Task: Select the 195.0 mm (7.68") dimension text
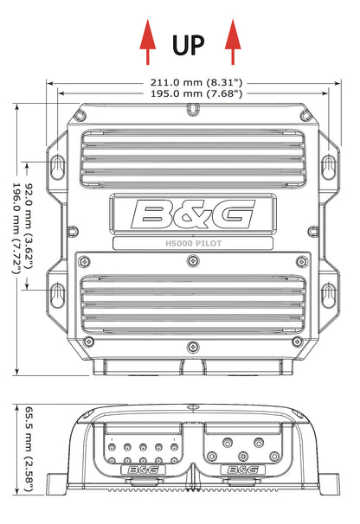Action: [192, 93]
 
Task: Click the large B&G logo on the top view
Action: [192, 212]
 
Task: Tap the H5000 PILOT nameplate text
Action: [192, 243]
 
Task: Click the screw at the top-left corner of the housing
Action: [81, 116]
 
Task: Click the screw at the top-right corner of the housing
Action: [304, 116]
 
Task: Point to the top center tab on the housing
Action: [192, 109]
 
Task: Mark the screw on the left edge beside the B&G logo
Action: [73, 231]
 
